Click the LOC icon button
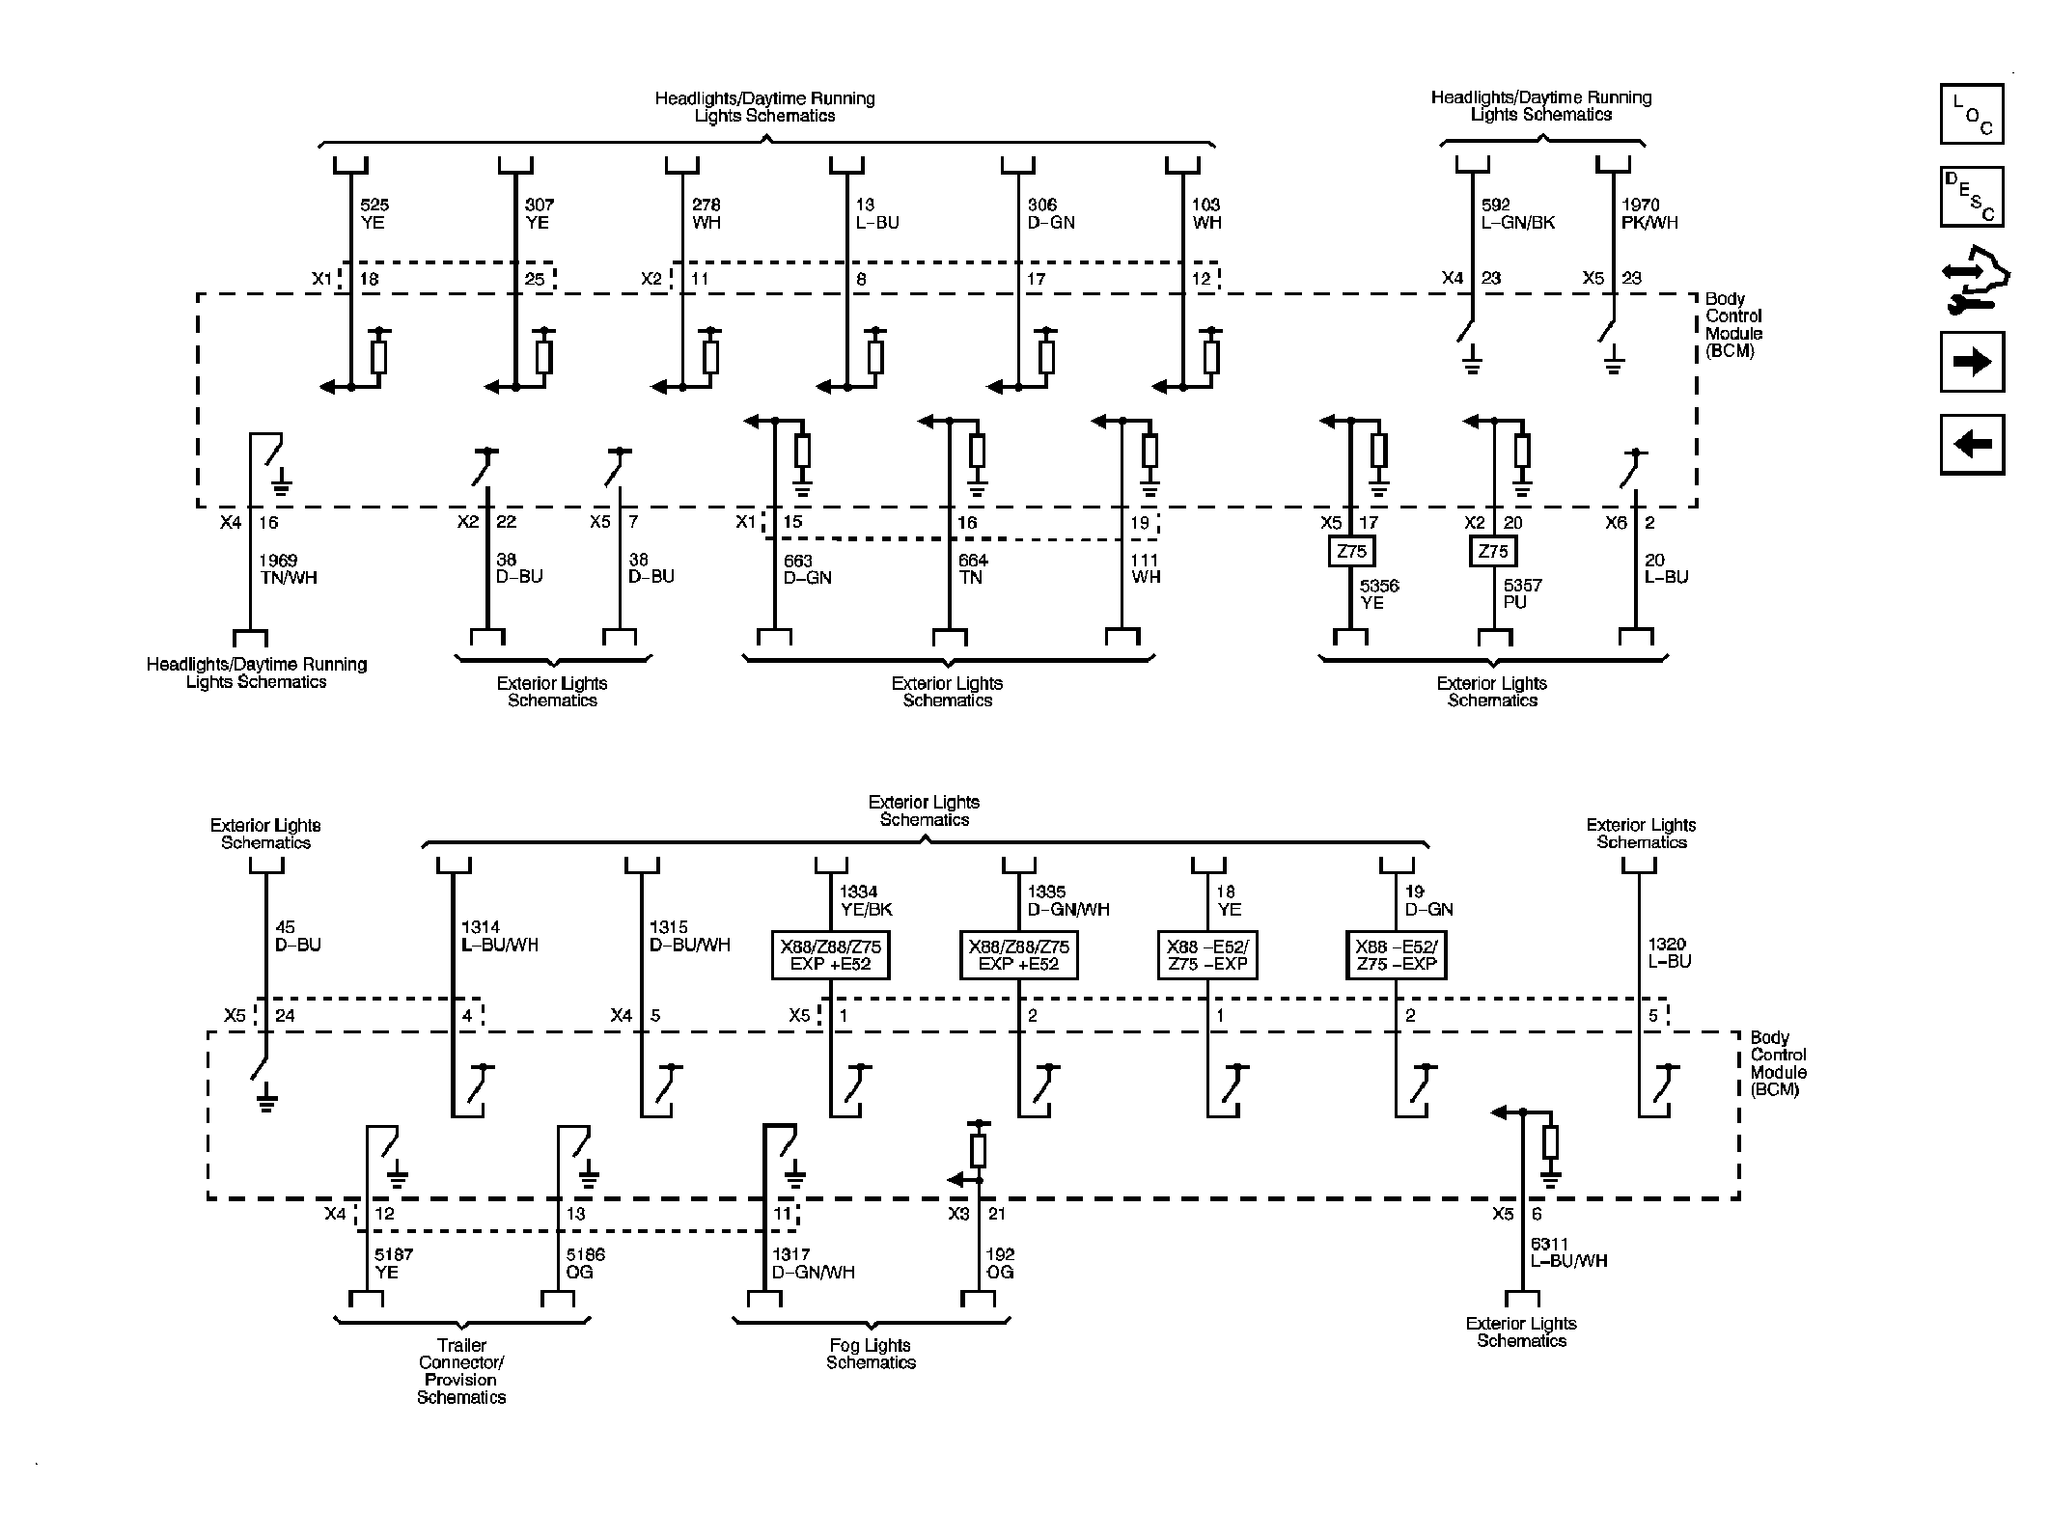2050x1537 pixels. point(1972,114)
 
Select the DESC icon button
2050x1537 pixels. point(1972,197)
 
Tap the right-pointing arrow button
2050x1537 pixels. point(1972,362)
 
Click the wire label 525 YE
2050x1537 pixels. point(374,213)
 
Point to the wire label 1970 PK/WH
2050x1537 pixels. point(1648,213)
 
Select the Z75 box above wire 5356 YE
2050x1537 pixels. point(1351,552)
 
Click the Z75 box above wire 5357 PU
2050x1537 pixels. point(1493,552)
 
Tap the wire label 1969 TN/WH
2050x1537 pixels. point(288,569)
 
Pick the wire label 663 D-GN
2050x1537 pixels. point(807,569)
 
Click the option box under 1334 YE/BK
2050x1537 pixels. point(830,955)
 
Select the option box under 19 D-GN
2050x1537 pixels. point(1396,955)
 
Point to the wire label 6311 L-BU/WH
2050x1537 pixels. point(1568,1252)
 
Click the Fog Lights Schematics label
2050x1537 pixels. point(870,1354)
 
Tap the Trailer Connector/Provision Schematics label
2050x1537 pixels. point(461,1371)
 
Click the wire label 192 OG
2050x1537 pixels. point(1000,1263)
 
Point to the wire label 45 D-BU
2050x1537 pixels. point(297,936)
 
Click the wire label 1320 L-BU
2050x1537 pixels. point(1669,952)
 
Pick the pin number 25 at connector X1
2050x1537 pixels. point(535,280)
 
